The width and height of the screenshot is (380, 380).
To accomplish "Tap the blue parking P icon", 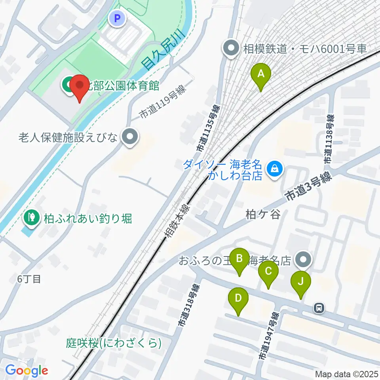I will [117, 18].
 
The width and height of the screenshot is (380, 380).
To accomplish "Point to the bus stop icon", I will [319, 307].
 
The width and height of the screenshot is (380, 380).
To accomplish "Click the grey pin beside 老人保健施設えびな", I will [129, 138].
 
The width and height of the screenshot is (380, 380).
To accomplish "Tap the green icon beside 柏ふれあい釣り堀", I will [30, 217].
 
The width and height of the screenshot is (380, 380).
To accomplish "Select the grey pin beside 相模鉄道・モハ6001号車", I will [230, 49].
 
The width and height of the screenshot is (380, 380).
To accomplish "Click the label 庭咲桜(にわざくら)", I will [114, 343].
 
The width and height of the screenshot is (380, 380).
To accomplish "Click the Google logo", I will [27, 370].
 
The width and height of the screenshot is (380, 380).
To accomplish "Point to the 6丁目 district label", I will [29, 279].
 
